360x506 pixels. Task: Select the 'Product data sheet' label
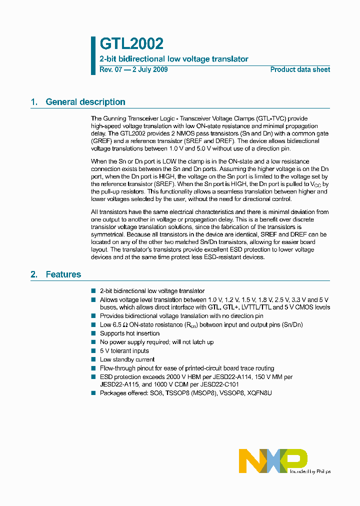tap(300, 69)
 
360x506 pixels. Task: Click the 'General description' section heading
tap(85, 102)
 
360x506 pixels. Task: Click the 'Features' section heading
tap(63, 274)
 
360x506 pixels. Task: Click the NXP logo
tap(273, 460)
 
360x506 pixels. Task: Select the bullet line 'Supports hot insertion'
tap(129, 333)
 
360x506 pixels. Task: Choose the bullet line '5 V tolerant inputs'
tap(124, 351)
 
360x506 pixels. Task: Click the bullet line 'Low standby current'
tap(127, 359)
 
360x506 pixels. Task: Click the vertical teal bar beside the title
tap(93, 55)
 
